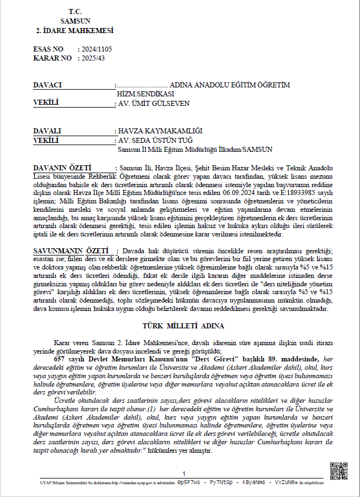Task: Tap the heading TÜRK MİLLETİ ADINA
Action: pyautogui.click(x=179, y=326)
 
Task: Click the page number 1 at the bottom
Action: pyautogui.click(x=183, y=475)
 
